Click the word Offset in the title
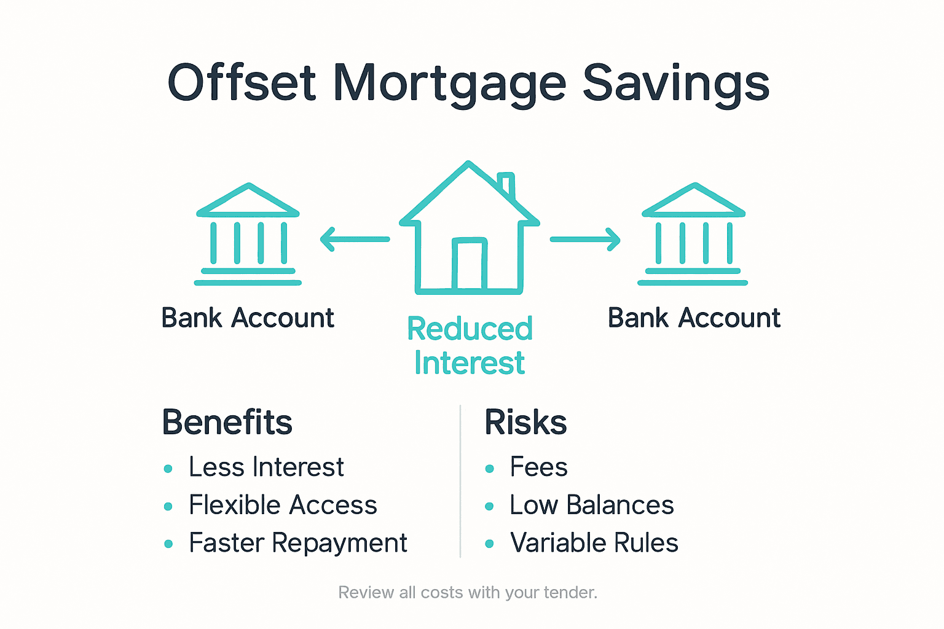(x=242, y=83)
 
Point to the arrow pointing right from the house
(x=584, y=239)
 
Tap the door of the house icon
(x=470, y=264)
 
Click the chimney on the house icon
(x=507, y=184)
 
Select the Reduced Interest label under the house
(x=470, y=346)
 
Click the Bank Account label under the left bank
(x=248, y=318)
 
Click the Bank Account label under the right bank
(x=694, y=318)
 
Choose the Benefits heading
(x=227, y=423)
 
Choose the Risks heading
(x=525, y=423)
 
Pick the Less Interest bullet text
(x=266, y=467)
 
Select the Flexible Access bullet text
(x=283, y=506)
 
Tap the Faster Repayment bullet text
(x=298, y=544)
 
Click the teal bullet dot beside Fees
(x=489, y=469)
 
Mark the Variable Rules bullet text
(x=594, y=544)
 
